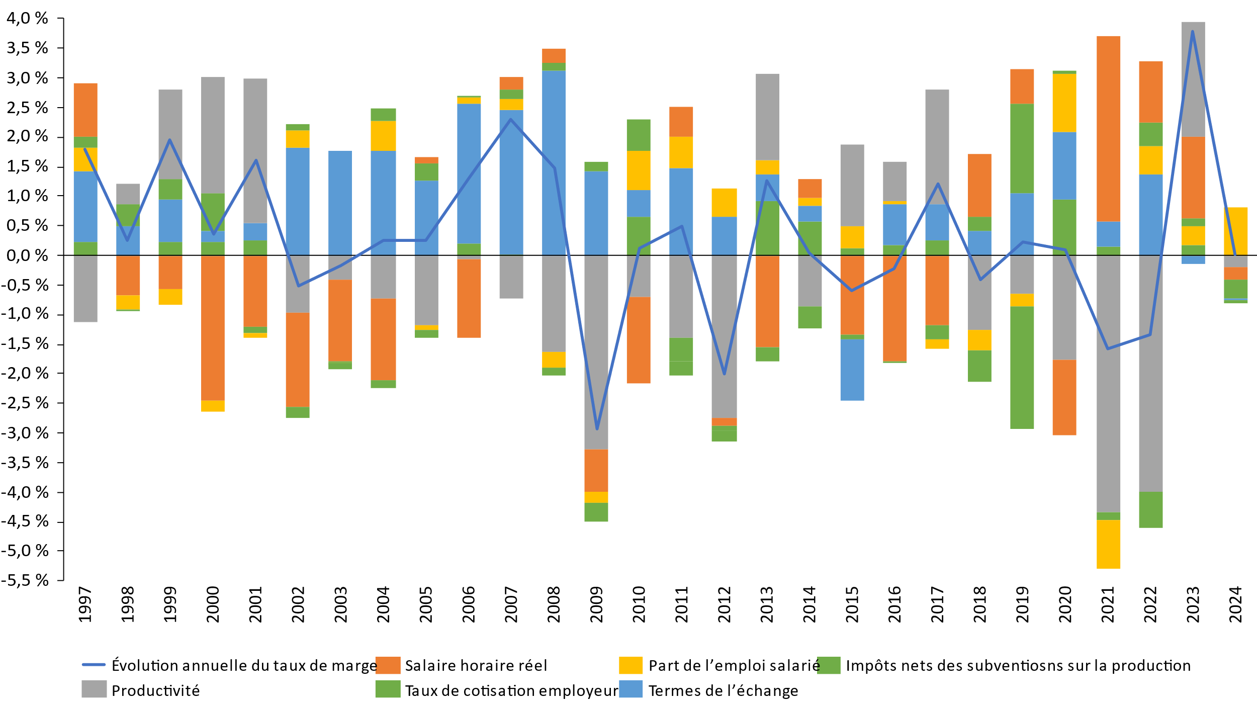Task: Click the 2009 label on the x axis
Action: click(596, 604)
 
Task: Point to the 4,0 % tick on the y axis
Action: click(27, 19)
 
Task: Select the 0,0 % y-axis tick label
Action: click(27, 255)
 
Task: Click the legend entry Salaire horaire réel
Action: click(476, 666)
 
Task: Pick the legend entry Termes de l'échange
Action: click(723, 691)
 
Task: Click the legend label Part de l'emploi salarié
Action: click(734, 666)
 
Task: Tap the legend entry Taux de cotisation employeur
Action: click(511, 691)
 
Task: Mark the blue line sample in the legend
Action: click(94, 665)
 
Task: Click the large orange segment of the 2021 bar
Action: click(1108, 128)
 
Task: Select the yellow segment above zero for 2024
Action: click(1235, 231)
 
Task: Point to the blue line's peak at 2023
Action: click(1193, 32)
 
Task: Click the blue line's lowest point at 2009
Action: click(597, 429)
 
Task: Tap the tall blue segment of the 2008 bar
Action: click(554, 162)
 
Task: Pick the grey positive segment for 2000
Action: click(213, 135)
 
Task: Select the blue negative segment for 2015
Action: click(852, 370)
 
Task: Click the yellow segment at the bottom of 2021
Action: click(1108, 544)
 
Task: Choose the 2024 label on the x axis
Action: click(1235, 604)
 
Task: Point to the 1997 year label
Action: click(85, 604)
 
